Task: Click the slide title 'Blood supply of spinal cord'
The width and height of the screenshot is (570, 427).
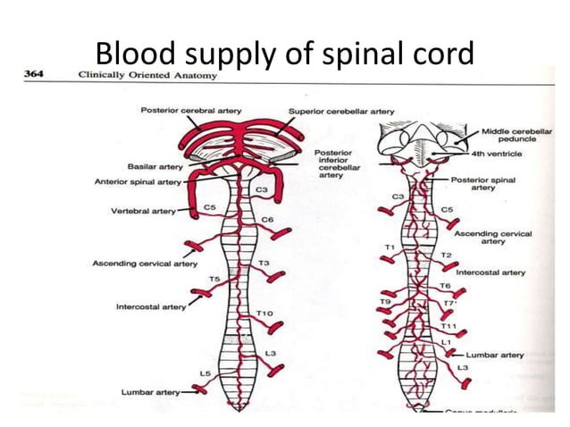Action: point(284,54)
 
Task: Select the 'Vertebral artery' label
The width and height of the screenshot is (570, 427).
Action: point(143,212)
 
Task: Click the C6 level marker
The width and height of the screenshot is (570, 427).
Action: point(267,219)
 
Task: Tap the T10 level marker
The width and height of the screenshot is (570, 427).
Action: point(264,314)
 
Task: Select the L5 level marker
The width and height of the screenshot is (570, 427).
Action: point(205,373)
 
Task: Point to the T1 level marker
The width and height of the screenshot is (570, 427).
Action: point(390,246)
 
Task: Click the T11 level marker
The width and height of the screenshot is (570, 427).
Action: point(448,326)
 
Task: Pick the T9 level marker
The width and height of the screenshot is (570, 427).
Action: point(385,303)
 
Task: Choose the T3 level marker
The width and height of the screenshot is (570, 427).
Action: point(264,264)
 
